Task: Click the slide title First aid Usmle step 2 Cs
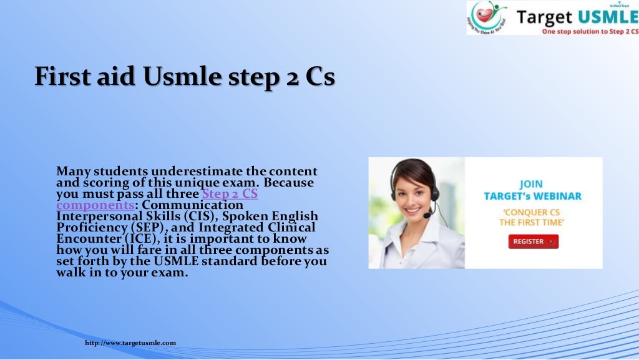[184, 77]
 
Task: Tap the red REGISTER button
[533, 241]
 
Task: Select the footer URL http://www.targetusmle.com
[130, 343]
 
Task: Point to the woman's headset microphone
[427, 215]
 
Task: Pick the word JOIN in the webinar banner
[532, 184]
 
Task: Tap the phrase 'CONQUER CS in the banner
[532, 211]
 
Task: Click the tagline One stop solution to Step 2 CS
[590, 31]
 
